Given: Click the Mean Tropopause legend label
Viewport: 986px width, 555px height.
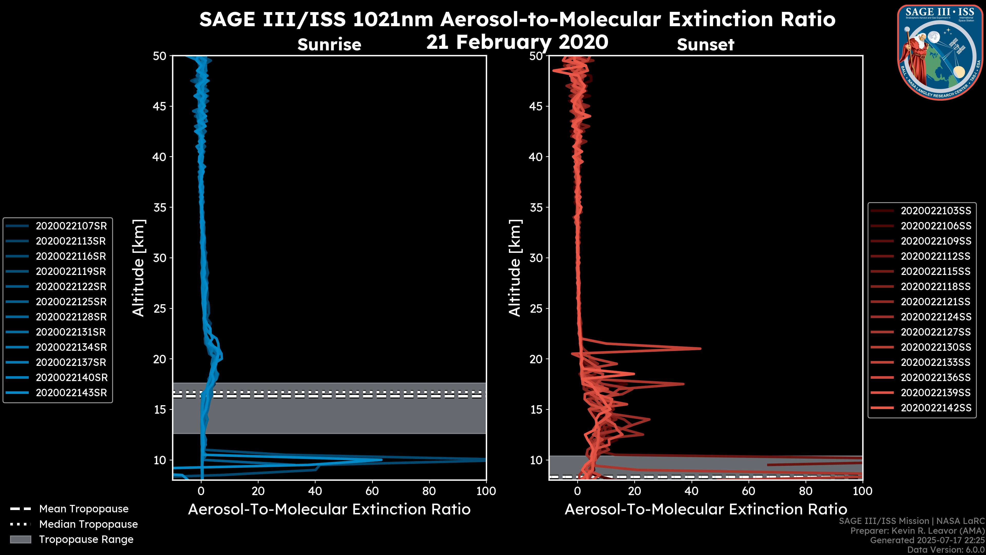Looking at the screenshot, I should point(84,509).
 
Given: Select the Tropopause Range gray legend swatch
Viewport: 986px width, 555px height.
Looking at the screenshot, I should point(20,539).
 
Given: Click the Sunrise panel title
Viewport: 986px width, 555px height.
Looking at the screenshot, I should point(329,44).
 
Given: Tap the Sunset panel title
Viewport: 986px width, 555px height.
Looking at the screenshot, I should point(705,44).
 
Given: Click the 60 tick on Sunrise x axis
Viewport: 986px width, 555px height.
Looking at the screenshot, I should point(372,491).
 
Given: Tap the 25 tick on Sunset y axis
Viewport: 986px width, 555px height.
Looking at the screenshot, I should point(536,308).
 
